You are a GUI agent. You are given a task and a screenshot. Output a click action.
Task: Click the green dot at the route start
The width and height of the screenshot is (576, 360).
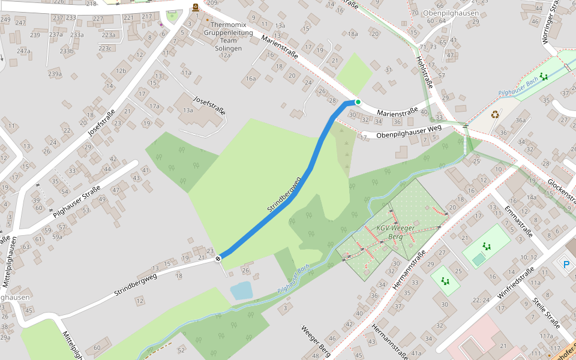click(x=358, y=102)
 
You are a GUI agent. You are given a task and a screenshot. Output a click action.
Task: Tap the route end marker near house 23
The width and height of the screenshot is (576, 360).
click(x=218, y=259)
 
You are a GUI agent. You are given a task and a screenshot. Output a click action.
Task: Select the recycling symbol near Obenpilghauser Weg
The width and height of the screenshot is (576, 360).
click(x=495, y=114)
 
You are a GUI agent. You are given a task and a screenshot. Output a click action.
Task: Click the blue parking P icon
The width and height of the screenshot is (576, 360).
click(x=565, y=264)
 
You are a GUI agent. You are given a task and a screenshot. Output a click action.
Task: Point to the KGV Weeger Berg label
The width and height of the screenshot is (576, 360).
click(x=395, y=232)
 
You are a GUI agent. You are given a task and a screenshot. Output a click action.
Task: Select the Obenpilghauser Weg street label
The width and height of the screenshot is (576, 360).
click(x=409, y=131)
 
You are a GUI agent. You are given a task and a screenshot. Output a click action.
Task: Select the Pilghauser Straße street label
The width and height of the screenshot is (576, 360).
click(x=76, y=202)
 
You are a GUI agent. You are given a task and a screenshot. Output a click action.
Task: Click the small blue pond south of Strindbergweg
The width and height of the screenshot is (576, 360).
click(x=241, y=291)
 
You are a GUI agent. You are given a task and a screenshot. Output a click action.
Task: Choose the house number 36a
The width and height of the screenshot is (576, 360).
click(x=520, y=121)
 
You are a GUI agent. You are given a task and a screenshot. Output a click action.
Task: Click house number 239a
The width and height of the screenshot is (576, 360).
click(x=55, y=74)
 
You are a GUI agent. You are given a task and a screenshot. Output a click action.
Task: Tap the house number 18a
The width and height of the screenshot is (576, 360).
click(x=352, y=34)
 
